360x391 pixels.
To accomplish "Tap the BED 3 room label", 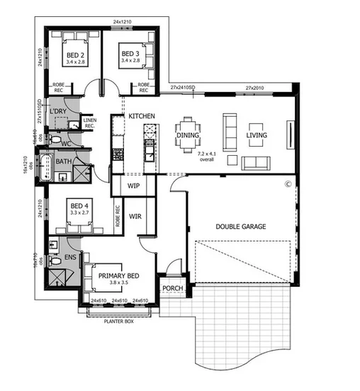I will click(x=130, y=54).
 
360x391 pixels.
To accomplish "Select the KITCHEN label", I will click(x=141, y=115).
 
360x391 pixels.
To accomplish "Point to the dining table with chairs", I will click(x=188, y=133).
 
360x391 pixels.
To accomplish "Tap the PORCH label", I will click(x=171, y=288).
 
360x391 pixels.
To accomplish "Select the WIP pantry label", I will click(x=135, y=186).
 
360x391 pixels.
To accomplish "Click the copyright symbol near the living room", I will click(x=288, y=183).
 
